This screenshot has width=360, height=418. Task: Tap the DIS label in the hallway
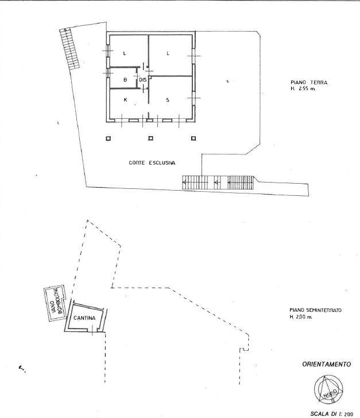click(142, 80)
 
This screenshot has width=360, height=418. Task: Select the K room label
click(125, 100)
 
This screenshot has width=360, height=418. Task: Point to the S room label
click(168, 100)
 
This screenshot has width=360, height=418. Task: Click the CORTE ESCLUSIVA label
click(152, 162)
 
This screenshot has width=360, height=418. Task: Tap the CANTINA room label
click(84, 318)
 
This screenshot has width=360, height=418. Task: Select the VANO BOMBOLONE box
click(55, 303)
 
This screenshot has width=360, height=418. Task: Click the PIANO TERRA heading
click(309, 83)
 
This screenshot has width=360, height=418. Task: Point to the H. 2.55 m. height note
click(303, 89)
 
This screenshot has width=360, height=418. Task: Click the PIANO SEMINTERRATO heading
click(315, 310)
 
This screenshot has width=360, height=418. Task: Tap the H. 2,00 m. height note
click(301, 317)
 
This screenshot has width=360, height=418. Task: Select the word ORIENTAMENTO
click(326, 364)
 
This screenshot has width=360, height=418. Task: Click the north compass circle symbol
click(328, 390)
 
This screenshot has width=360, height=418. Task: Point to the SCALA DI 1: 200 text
click(332, 414)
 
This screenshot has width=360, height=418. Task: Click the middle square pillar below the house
click(150, 138)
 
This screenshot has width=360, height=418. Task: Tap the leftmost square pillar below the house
click(108, 138)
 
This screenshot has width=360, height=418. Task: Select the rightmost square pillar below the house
click(193, 138)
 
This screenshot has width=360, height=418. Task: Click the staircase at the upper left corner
click(69, 48)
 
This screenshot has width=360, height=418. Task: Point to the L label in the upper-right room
click(168, 53)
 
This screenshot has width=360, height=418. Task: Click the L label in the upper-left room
click(125, 53)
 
